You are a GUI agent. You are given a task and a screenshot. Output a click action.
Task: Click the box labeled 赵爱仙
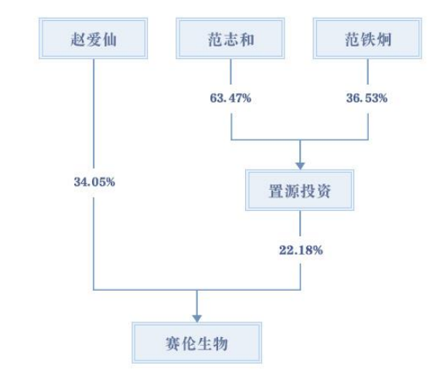pos(94,38)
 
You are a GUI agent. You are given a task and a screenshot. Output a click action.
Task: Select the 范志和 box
pos(230,38)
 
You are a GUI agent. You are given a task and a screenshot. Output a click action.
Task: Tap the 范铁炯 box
pos(367,38)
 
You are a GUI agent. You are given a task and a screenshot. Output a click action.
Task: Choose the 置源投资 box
pos(300,190)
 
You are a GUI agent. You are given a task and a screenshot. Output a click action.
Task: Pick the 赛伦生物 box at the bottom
pos(197,343)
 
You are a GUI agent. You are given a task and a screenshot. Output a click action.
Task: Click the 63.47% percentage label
pos(230,98)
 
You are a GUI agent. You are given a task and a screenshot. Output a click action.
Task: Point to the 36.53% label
pos(367,98)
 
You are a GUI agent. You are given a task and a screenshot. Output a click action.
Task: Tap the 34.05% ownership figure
pos(94,182)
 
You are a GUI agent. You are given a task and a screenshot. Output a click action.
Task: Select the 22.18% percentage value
pos(301,250)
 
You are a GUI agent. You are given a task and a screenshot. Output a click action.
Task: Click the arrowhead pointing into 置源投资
pos(300,165)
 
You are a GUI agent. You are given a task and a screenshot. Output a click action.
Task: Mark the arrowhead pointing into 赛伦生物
pos(197,319)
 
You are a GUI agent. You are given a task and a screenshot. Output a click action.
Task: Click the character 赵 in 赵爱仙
pos(77,40)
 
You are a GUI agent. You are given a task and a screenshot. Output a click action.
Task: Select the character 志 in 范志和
pos(230,40)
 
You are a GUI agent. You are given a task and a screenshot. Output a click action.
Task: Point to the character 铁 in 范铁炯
pos(368,40)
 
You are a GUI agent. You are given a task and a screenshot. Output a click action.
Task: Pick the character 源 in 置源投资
pos(292,191)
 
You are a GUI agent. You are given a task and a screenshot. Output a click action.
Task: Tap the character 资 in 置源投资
pos(323,191)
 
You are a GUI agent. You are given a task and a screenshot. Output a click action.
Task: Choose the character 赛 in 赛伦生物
pos(172,343)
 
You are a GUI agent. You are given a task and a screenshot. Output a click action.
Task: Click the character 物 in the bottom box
pos(221,343)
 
